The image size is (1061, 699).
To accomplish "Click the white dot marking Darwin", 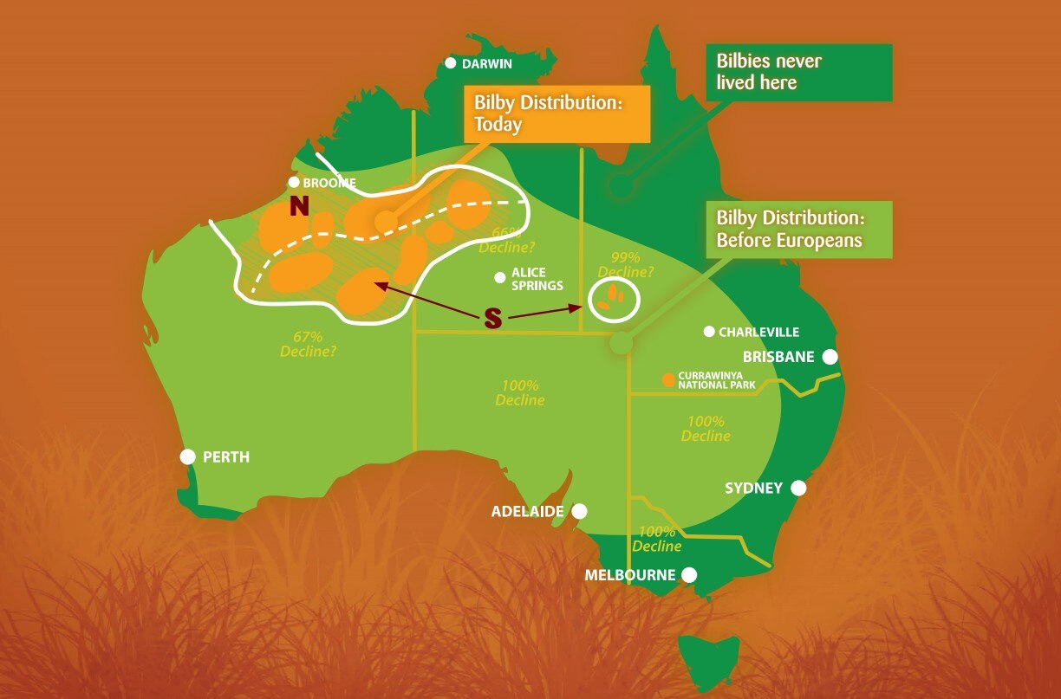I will (x=451, y=63).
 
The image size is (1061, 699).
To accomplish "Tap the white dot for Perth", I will (x=188, y=456).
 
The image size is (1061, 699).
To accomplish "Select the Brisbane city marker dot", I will (x=830, y=357).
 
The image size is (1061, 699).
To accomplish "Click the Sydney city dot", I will (x=798, y=489).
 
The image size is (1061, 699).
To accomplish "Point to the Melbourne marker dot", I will (x=689, y=574).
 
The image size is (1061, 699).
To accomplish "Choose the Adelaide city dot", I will (x=579, y=511).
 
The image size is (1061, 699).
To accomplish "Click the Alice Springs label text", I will (x=537, y=279).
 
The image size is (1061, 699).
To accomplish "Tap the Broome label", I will (x=329, y=183).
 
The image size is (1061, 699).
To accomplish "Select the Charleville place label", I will (x=758, y=332).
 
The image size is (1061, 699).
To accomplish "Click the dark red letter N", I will (x=299, y=206).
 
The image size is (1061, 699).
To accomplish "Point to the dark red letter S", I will (x=492, y=319).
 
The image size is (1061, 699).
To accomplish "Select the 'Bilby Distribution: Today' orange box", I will (x=557, y=113).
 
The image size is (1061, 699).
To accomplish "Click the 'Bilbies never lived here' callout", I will (x=798, y=73).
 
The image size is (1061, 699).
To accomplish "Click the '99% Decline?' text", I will (x=626, y=264).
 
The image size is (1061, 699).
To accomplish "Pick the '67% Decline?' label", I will (x=308, y=344).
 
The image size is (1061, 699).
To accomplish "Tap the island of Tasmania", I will (x=708, y=661).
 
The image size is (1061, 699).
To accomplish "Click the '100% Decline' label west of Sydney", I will (x=705, y=429).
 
